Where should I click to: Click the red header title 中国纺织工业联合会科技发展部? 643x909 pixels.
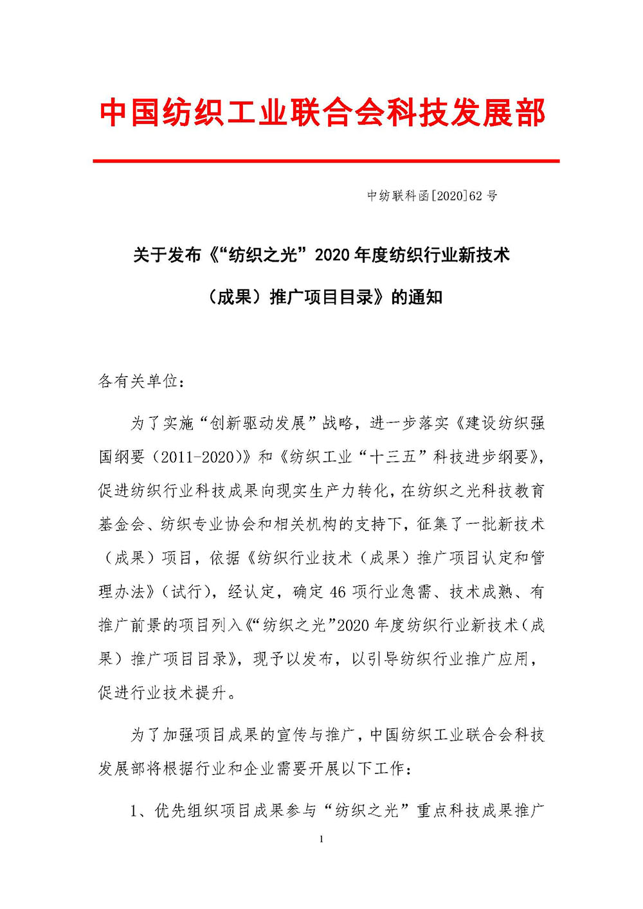(322, 113)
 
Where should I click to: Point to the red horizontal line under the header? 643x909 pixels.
(326, 161)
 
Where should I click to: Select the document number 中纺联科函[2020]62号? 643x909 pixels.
(432, 196)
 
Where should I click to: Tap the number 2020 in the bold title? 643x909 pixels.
(333, 255)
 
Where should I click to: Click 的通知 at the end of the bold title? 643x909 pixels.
(417, 297)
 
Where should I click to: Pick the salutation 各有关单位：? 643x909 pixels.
(141, 381)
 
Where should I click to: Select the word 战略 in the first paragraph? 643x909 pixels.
(338, 423)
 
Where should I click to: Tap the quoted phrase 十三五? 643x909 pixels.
(392, 457)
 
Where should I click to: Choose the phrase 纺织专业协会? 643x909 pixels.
(207, 525)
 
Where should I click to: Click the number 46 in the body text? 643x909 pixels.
(338, 591)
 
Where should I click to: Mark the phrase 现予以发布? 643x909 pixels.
(293, 659)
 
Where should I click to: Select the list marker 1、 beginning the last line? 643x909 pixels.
(140, 811)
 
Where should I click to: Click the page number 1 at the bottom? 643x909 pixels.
(321, 839)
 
